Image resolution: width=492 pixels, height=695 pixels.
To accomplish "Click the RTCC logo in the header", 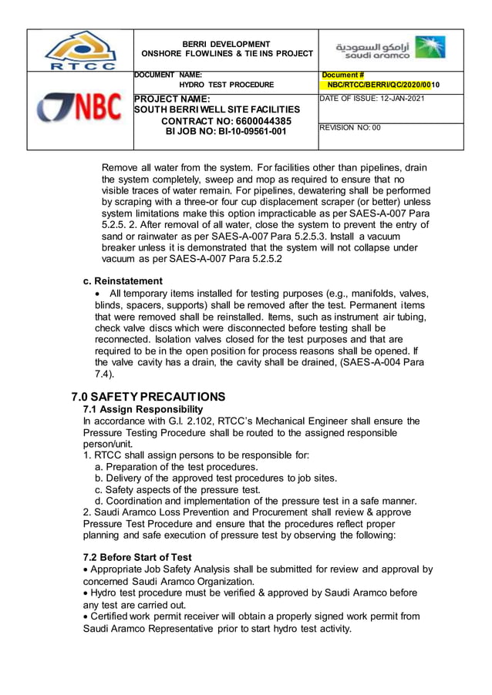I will click(79, 50).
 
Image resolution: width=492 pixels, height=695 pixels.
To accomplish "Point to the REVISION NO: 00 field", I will click(350, 129).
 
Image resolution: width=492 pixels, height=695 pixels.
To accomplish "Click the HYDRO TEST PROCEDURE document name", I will click(226, 85).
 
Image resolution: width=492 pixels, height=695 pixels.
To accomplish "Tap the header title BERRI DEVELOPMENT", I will click(226, 44).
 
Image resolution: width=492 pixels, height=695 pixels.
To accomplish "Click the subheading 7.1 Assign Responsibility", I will click(143, 409).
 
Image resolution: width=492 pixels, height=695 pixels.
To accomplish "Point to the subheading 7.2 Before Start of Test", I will click(137, 557).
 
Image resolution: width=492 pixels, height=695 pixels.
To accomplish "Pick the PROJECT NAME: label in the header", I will click(172, 99).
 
